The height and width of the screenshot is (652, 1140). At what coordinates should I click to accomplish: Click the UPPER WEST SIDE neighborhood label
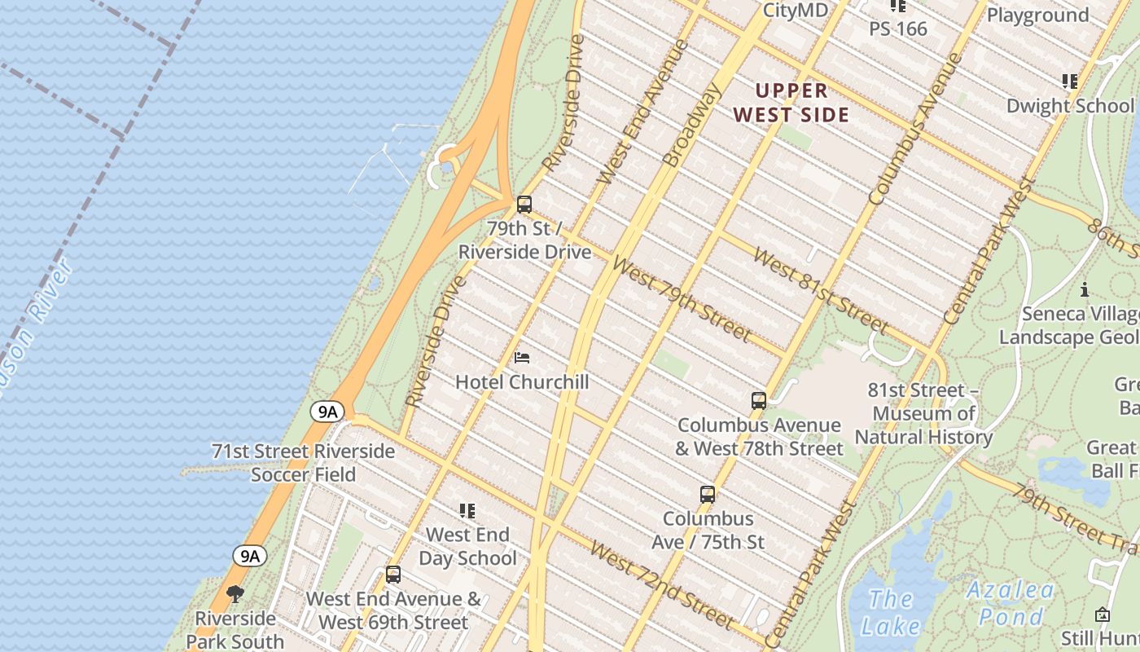[791, 103]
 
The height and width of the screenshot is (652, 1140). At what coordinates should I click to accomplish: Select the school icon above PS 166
[897, 7]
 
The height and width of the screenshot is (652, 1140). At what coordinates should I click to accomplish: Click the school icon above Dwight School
[1069, 81]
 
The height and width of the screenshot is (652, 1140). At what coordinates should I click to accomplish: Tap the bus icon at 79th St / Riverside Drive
[524, 205]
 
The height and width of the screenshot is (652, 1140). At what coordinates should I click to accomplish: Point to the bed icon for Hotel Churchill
[522, 358]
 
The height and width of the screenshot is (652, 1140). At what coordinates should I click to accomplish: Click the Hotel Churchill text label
[522, 381]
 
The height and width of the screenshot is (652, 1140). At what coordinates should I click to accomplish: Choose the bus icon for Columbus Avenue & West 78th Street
[758, 401]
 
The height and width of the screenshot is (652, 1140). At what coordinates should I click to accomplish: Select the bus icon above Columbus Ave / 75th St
[708, 495]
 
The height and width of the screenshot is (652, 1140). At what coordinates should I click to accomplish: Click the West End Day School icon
[467, 511]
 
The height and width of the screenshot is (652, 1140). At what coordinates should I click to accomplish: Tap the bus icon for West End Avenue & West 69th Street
[393, 575]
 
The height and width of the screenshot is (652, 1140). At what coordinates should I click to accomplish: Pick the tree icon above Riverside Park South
[235, 594]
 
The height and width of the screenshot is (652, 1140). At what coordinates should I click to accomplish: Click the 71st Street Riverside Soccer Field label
[303, 462]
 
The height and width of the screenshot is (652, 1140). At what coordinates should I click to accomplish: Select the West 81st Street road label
[821, 292]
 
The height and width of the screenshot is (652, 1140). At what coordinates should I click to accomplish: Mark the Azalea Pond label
[1011, 603]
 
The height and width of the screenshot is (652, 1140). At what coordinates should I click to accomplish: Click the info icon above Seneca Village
[1084, 290]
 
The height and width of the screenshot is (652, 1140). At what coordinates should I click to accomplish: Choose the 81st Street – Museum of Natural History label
[923, 413]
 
